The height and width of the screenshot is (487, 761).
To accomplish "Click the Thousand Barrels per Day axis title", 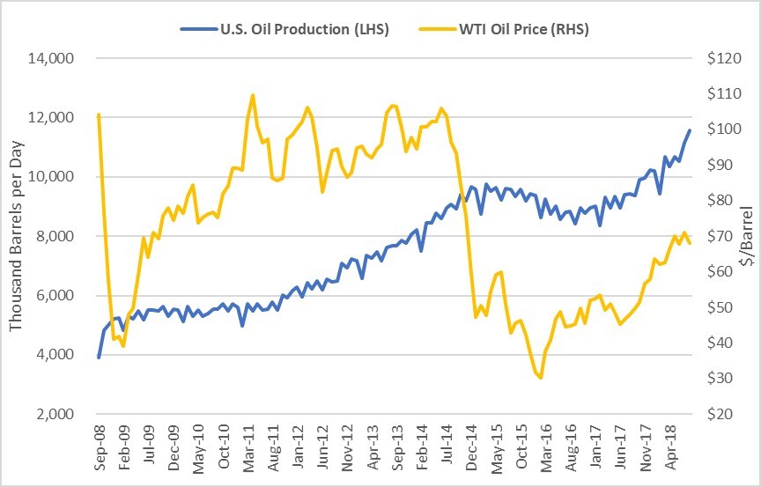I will click(x=17, y=235).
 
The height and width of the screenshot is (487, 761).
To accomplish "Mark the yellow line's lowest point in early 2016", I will click(x=540, y=378).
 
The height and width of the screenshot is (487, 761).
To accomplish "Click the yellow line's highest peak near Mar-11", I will click(x=253, y=95).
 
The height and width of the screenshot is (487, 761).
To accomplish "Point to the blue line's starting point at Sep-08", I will click(x=99, y=357).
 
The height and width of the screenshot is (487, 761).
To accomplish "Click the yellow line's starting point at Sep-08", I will click(x=99, y=114).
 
